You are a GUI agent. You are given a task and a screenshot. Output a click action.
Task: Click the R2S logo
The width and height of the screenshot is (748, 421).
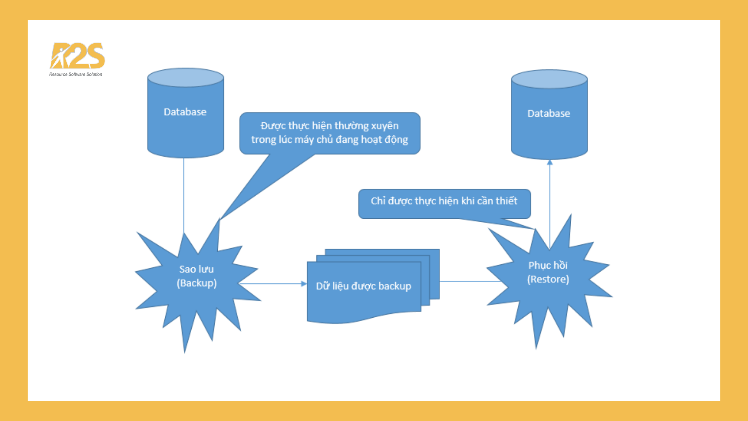[x=78, y=56]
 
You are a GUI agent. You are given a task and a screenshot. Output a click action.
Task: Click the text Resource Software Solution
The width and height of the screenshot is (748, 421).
[x=76, y=74]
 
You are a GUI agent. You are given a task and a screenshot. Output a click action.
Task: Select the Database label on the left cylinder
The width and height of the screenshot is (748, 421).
[x=185, y=112]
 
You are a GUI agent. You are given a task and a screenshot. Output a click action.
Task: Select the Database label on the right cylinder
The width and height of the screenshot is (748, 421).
[x=549, y=114]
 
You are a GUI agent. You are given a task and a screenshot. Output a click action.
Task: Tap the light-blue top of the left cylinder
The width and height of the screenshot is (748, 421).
[x=185, y=77]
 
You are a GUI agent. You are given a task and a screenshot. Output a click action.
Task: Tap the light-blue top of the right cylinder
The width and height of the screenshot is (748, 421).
[x=549, y=79]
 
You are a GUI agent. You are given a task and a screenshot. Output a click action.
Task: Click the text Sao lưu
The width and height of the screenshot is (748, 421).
[x=196, y=269]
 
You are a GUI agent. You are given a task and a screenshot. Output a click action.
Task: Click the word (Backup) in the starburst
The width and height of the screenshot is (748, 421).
[x=197, y=283]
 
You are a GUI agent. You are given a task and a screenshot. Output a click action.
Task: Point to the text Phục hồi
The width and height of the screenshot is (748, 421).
[x=548, y=265]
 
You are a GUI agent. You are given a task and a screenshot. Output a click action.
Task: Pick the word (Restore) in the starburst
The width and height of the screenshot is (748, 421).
[x=548, y=279]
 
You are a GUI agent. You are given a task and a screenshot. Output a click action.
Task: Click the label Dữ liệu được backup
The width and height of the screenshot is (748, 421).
[x=363, y=286]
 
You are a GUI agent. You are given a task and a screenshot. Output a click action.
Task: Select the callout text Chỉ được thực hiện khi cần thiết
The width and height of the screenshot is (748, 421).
[x=444, y=201]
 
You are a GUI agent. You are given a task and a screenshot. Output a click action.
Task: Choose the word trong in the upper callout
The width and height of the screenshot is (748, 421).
[x=263, y=140]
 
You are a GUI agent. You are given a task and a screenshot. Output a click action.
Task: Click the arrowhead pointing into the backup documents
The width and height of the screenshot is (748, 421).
[x=304, y=284]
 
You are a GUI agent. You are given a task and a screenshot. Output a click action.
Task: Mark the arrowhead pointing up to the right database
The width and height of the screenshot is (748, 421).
[x=550, y=162]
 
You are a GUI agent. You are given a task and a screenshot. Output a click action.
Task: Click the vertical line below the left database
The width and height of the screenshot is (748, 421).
[x=184, y=195]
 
